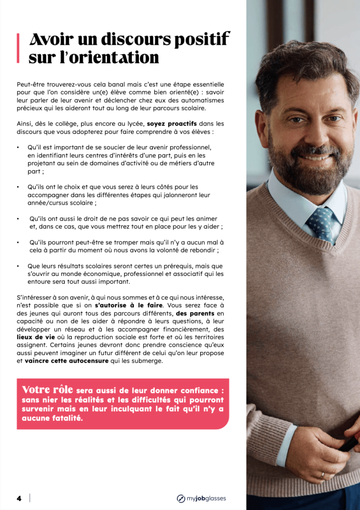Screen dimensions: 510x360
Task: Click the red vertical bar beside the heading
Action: click(18, 48)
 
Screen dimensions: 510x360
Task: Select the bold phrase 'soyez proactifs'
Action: click(172, 124)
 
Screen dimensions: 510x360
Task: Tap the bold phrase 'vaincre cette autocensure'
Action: click(66, 361)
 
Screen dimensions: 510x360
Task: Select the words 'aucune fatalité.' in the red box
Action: click(52, 418)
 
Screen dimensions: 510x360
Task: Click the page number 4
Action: click(19, 498)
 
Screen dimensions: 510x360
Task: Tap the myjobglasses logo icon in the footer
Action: click(181, 498)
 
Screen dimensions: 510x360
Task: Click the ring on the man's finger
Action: click(322, 475)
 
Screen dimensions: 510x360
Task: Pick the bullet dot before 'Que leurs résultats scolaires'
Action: click(18, 266)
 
